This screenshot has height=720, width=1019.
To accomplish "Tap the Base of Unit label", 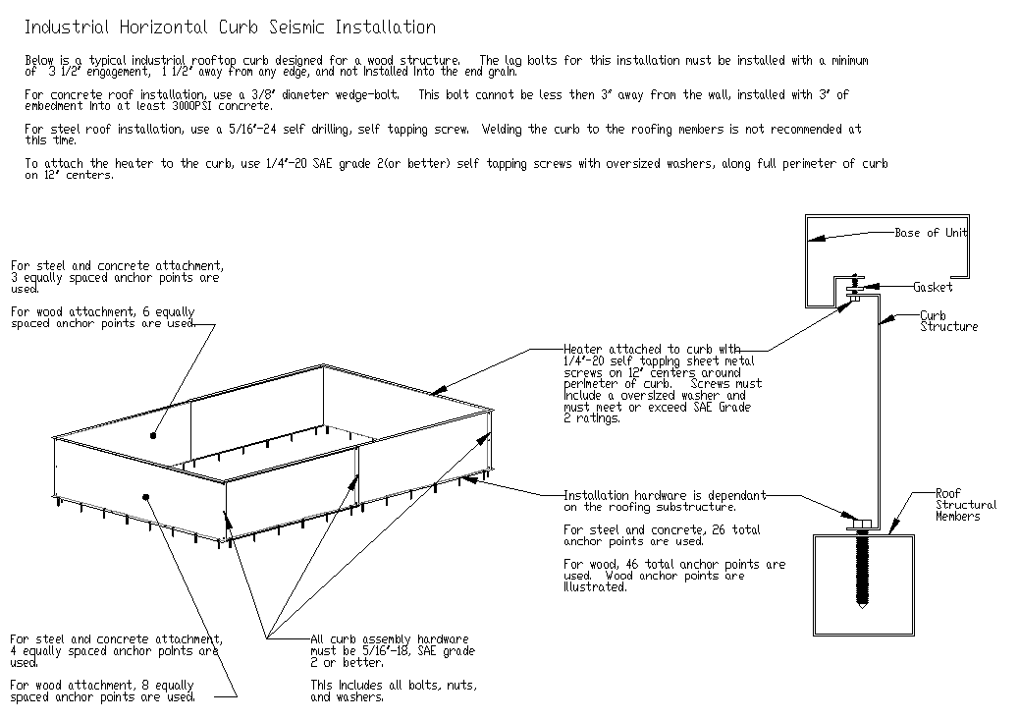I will click(x=931, y=233).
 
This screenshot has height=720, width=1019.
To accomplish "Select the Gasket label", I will click(x=933, y=287).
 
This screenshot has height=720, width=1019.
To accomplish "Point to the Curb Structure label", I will click(x=948, y=321).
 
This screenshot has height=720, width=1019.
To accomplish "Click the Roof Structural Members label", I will click(x=964, y=505).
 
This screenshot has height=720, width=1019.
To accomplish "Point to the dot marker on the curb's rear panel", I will click(x=153, y=433).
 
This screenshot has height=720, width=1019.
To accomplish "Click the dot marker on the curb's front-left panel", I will click(x=145, y=497).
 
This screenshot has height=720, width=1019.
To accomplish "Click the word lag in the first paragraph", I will click(x=515, y=61).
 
